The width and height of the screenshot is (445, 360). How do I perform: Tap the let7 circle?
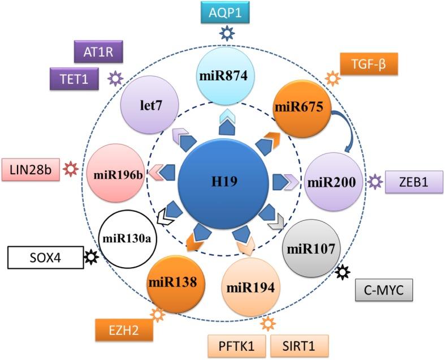[x=150, y=105]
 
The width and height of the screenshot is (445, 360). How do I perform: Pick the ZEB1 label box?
[x=414, y=182]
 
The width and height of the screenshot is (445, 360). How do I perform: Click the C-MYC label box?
[x=384, y=290]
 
